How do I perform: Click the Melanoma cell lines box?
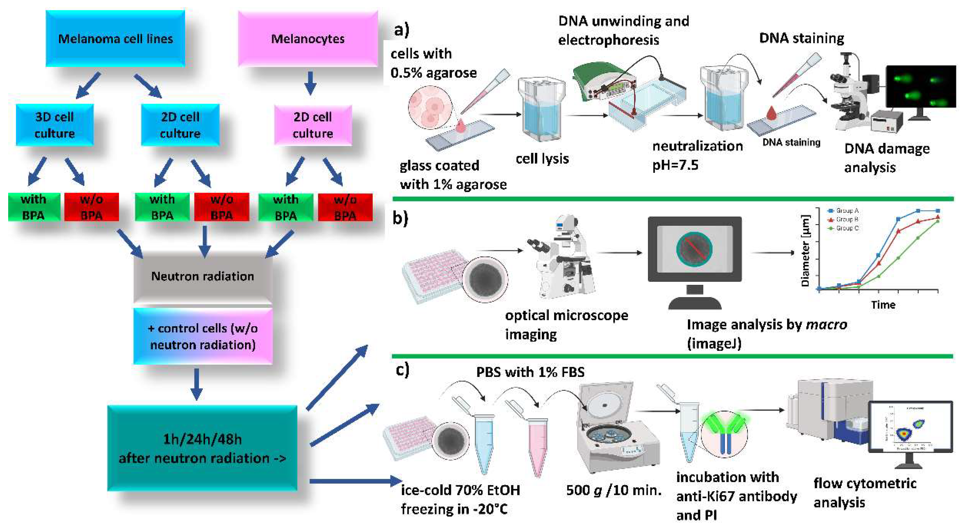coord(115,39)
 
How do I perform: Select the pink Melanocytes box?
coord(308,39)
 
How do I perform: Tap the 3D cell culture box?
coord(55,125)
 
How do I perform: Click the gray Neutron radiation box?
coord(203,276)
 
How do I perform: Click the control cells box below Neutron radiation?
coord(203,336)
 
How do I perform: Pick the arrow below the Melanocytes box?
coord(310,83)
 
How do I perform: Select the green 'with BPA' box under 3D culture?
coord(34,207)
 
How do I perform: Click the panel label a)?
coord(401,30)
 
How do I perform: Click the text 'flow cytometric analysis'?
coord(865,493)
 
